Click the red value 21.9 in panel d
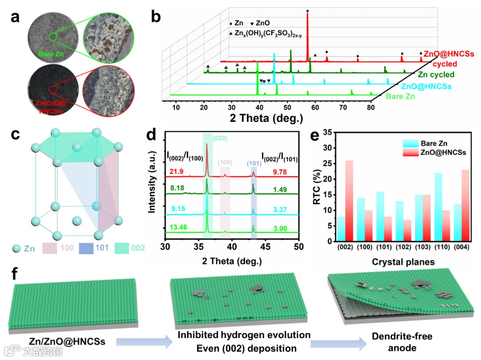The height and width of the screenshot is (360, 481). coord(176,172)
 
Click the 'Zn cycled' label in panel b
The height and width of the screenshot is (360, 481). coord(436,75)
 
